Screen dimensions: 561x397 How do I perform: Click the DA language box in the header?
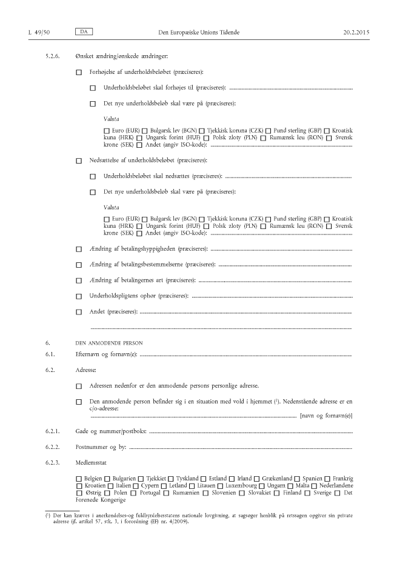[82, 30]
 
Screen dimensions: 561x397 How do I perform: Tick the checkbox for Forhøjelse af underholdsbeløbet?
[79, 73]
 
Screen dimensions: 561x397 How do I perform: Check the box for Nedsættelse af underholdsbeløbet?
[79, 161]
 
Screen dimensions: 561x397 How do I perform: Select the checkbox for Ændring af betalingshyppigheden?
[79, 249]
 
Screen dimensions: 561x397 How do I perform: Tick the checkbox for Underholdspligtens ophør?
[79, 296]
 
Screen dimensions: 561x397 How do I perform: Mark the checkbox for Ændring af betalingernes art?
[79, 280]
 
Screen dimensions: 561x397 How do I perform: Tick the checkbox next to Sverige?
[307, 493]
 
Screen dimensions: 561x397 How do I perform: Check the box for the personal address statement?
[79, 386]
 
